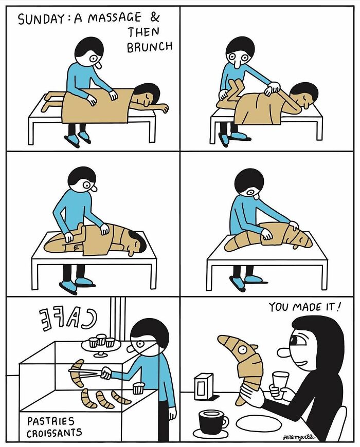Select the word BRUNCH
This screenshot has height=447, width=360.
(150, 48)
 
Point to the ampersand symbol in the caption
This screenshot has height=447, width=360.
(155, 16)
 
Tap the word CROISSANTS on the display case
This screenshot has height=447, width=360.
(54, 432)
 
